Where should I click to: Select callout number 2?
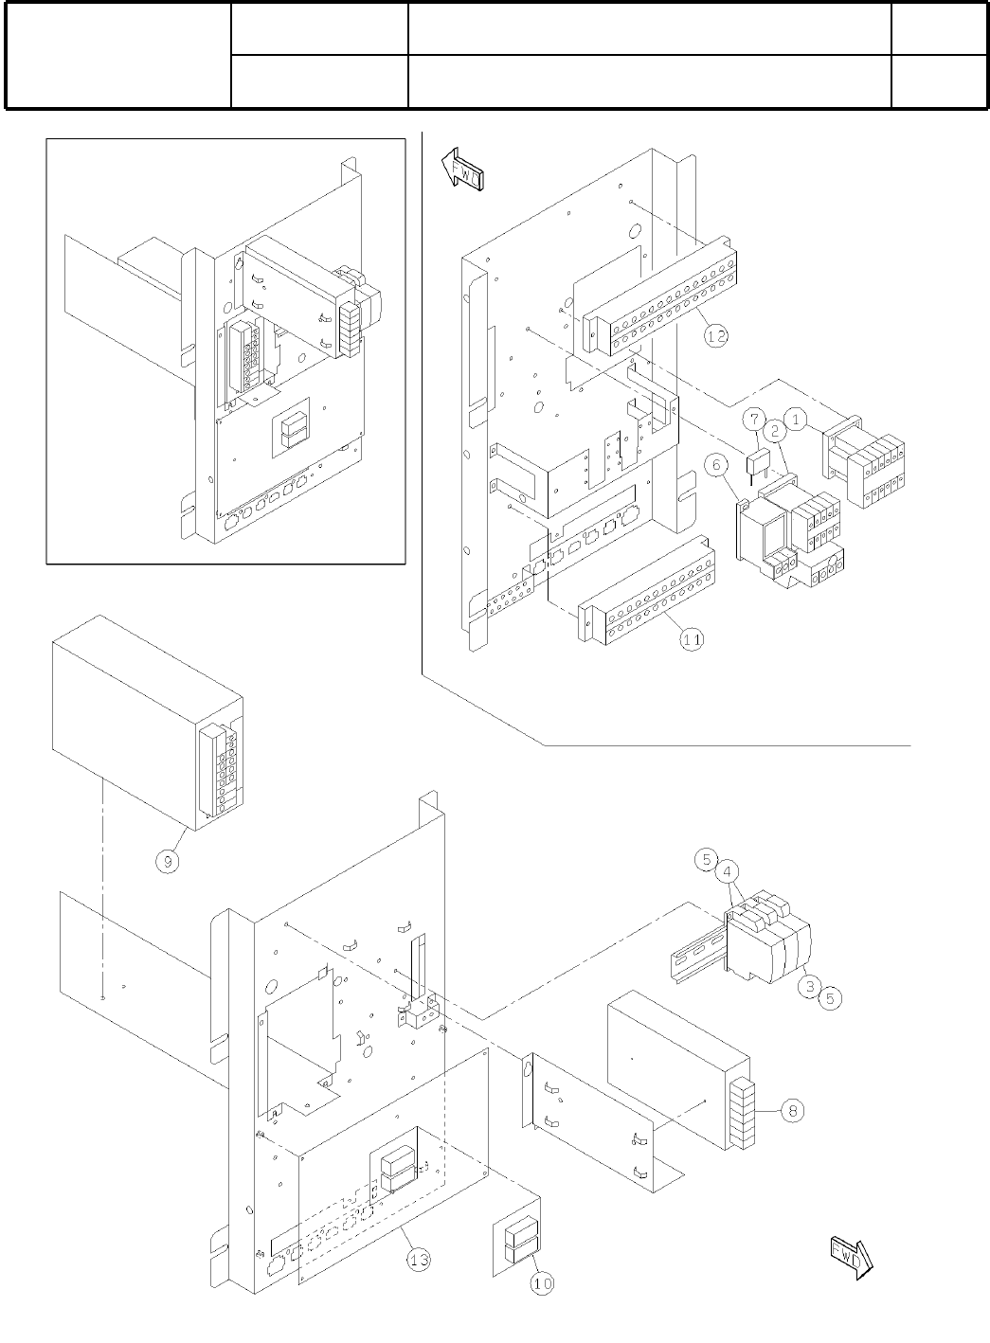(x=774, y=431)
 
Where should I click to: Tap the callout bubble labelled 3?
(x=808, y=987)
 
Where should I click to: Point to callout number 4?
(x=727, y=870)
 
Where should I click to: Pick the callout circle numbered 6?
(x=716, y=465)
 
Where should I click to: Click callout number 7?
(x=753, y=418)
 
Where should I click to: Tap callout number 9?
(x=168, y=862)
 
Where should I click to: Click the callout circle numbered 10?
(x=542, y=1282)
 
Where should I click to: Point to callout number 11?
(x=693, y=639)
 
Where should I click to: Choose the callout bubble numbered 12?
(x=716, y=334)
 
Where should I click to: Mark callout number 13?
(x=420, y=1259)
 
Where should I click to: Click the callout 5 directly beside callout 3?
(x=829, y=997)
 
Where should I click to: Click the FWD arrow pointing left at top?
(x=463, y=171)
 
